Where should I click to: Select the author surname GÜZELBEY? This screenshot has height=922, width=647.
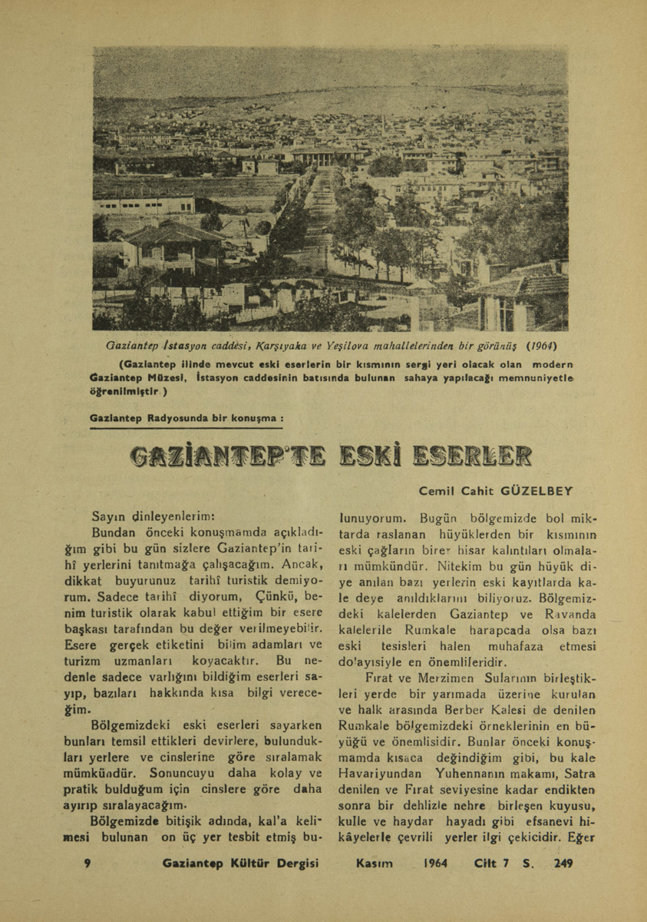[x=538, y=489]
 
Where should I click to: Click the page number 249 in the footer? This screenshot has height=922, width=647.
[x=561, y=864]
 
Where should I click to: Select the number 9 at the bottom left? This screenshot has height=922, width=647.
[x=87, y=864]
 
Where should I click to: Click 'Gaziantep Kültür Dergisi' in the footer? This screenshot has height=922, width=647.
[x=240, y=864]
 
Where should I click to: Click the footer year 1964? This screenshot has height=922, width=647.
[x=435, y=864]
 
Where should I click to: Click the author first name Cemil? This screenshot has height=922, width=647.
[x=436, y=489]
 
